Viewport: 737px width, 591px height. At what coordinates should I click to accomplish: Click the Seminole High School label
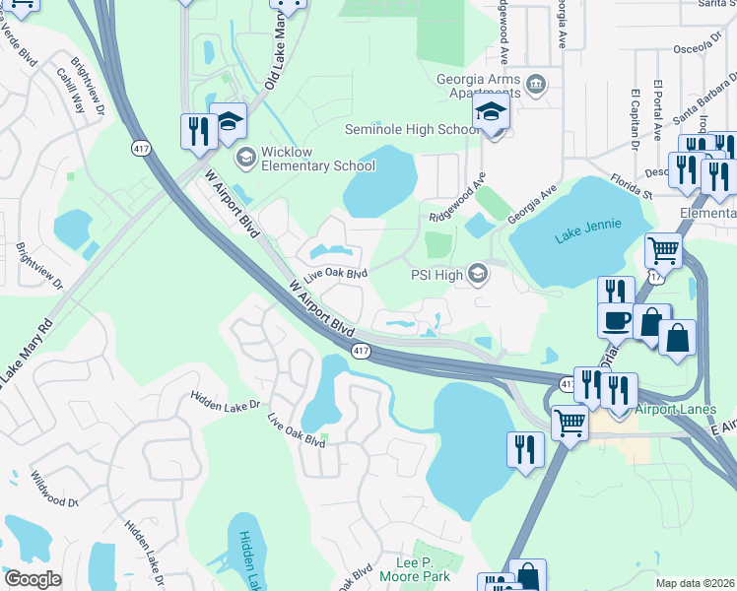412,130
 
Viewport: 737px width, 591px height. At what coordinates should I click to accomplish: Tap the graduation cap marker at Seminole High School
491,115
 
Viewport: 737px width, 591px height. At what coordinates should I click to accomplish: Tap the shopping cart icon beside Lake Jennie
663,251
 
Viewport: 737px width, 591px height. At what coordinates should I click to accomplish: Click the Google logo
33,579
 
